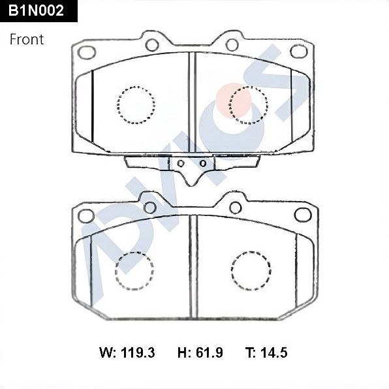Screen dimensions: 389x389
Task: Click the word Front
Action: pyautogui.click(x=27, y=39)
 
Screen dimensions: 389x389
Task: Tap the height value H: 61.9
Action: pyautogui.click(x=200, y=353)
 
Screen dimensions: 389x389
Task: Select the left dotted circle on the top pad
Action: pyautogui.click(x=136, y=104)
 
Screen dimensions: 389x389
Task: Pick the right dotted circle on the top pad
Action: pyautogui.click(x=249, y=104)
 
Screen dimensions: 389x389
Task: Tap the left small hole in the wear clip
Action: pyautogui.click(x=180, y=163)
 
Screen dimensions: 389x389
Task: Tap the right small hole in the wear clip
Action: pyautogui.click(x=203, y=163)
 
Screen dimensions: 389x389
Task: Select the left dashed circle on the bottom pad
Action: pyautogui.click(x=134, y=270)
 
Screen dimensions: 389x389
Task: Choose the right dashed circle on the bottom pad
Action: pyautogui.click(x=251, y=270)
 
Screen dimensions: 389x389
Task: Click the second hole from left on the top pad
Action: pyautogui.click(x=152, y=45)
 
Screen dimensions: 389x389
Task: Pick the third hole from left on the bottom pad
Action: pyautogui.click(x=233, y=207)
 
